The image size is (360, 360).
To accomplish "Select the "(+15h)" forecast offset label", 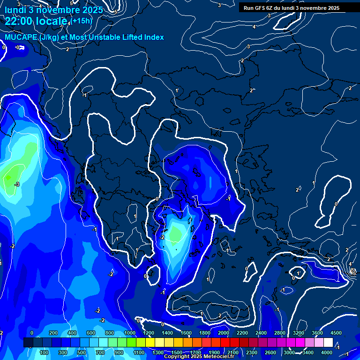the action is (x=82, y=21).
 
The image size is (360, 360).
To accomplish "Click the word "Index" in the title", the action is (x=154, y=37).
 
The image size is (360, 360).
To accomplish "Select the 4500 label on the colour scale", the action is (x=337, y=333).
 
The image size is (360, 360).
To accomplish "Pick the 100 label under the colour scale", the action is (x=45, y=352).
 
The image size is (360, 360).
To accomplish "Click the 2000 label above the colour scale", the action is (x=224, y=333).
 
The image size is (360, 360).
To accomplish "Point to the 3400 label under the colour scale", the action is (x=308, y=352).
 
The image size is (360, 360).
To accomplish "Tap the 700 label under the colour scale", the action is (x=101, y=352).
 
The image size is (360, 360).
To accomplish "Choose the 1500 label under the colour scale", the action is (x=177, y=352).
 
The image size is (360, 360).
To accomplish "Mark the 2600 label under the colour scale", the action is (x=270, y=352).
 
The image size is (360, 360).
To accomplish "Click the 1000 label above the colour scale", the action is (x=130, y=333).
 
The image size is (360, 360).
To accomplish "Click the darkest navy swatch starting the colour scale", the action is (x=28, y=343).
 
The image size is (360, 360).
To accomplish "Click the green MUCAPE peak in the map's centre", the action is (x=176, y=233).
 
